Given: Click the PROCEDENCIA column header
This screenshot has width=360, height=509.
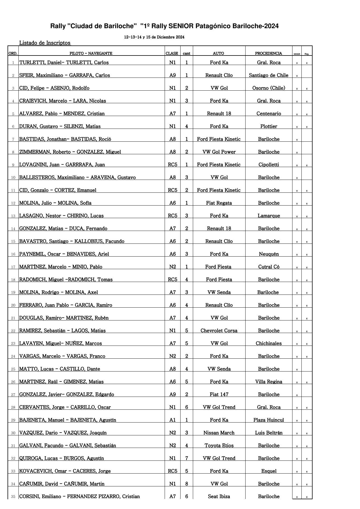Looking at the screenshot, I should (268, 53).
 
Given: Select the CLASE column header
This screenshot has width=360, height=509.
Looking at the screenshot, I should (172, 53).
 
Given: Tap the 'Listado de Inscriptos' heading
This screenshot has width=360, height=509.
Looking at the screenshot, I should (45, 43).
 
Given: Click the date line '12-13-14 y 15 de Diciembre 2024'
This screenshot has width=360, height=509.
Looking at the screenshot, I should (154, 37).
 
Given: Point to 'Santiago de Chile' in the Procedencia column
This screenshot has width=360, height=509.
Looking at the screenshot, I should (268, 75).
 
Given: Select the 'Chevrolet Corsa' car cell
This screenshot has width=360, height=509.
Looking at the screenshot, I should (219, 331).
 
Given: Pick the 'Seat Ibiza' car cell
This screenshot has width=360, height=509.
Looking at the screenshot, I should (219, 496).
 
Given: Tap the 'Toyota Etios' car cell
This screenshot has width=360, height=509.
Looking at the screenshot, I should (219, 446).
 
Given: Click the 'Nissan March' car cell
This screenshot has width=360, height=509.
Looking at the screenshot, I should (219, 433).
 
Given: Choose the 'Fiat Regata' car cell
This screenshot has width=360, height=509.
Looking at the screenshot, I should (219, 203).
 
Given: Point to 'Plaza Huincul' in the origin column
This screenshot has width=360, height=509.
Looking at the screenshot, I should (268, 420).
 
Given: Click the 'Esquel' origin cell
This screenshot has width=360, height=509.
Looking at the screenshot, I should (269, 471).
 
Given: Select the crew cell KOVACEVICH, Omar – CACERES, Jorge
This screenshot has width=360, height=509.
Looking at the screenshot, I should (65, 471).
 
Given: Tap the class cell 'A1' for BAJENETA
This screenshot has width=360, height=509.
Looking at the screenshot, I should (172, 420).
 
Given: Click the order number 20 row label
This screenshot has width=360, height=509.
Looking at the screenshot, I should (13, 305).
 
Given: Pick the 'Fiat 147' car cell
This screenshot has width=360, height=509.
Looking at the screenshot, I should (219, 395).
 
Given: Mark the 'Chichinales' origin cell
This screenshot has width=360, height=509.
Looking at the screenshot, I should (268, 344).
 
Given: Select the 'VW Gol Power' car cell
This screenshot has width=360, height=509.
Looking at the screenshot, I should (219, 152).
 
